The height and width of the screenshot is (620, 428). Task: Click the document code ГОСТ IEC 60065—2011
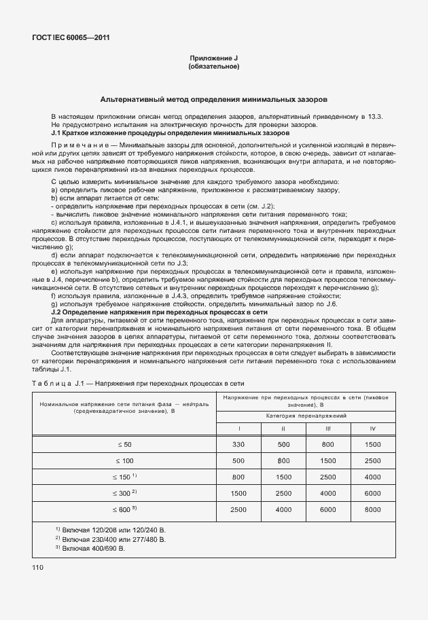pos(70,38)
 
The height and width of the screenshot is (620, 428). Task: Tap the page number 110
pos(38,566)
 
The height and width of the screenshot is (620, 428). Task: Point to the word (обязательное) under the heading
pos(213,67)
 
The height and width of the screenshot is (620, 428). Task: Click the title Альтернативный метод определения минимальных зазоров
pos(213,98)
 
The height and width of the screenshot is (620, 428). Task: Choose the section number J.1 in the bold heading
pos(59,134)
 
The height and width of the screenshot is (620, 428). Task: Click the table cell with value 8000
pos(372,509)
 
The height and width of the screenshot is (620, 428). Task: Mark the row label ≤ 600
pos(126,509)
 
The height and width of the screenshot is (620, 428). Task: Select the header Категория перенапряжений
pos(306,414)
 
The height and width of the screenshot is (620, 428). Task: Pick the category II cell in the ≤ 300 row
pos(283,492)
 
